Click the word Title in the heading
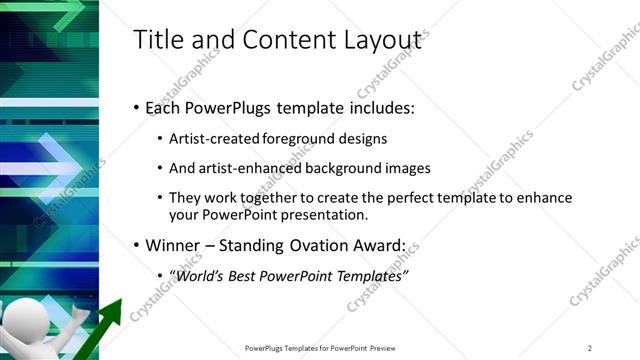coord(157,40)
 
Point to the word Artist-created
coord(213,138)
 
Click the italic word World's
coord(201,275)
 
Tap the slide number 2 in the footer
coord(590,347)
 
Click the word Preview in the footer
coord(384,347)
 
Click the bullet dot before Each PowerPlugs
coord(137,107)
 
